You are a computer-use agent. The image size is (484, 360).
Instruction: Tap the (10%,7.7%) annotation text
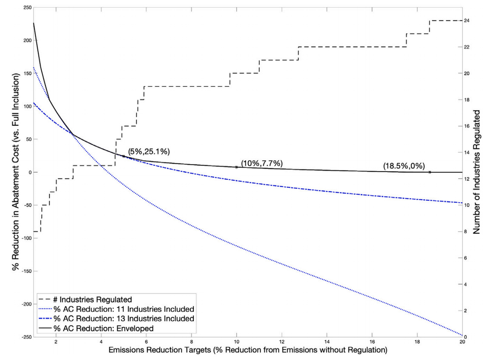(x=262, y=163)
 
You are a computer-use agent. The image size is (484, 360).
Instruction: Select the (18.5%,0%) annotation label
(x=404, y=166)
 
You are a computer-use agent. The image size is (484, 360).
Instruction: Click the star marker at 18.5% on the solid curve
(x=430, y=172)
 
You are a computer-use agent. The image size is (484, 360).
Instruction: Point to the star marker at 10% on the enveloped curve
(x=237, y=167)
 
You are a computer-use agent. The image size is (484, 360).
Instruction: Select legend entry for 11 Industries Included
(x=124, y=309)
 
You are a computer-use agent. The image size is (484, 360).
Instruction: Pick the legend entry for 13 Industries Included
(x=124, y=318)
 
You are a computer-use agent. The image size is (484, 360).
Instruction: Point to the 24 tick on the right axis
(x=467, y=20)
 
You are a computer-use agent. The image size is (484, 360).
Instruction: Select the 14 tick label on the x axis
(x=327, y=343)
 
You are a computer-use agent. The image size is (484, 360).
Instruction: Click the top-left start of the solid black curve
(x=34, y=23)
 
